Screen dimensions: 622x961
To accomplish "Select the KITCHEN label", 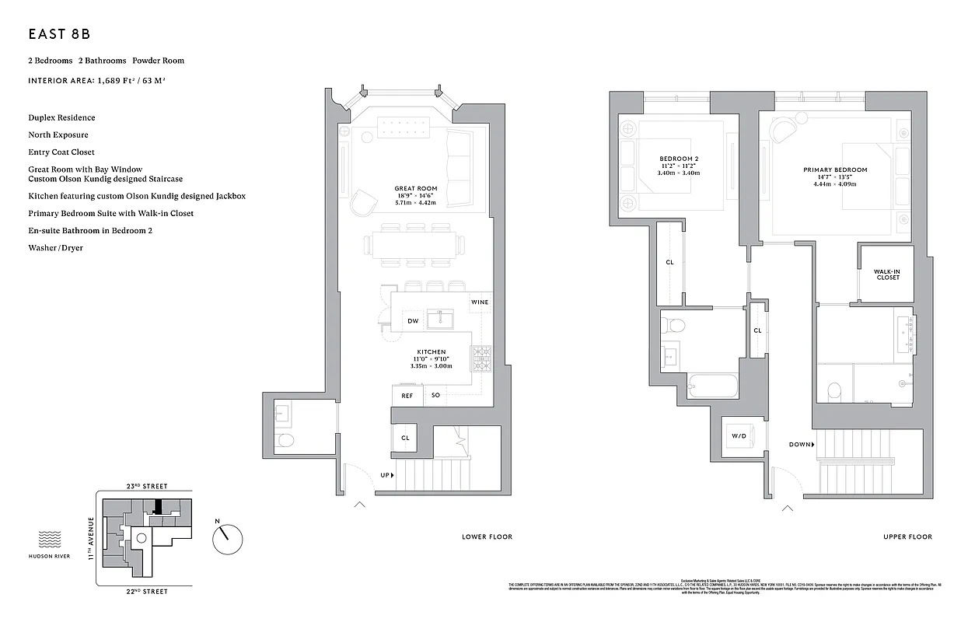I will pos(431,351).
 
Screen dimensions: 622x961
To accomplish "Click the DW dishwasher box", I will pos(413,321).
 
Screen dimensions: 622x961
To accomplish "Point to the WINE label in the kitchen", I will pos(480,302).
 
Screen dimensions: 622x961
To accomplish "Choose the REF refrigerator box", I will pos(407,395).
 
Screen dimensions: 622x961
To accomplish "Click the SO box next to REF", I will pos(435,395).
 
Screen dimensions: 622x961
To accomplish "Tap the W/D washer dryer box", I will pos(738,436).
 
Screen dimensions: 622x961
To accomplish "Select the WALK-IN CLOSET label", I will pos(886,274).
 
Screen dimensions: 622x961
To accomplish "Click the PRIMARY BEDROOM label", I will pos(835,169).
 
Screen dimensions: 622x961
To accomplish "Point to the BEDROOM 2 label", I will pos(679,159).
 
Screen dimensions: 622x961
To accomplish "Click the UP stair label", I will pos(386,474).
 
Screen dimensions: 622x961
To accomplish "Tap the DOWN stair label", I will pos(800,445).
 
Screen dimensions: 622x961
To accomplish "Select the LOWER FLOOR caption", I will pos(487,536).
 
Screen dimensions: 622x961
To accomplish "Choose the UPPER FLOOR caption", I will pos(907,536).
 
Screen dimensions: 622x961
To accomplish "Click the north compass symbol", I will pos(227,536).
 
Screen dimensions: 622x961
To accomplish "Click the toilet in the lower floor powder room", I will pos(285,442).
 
